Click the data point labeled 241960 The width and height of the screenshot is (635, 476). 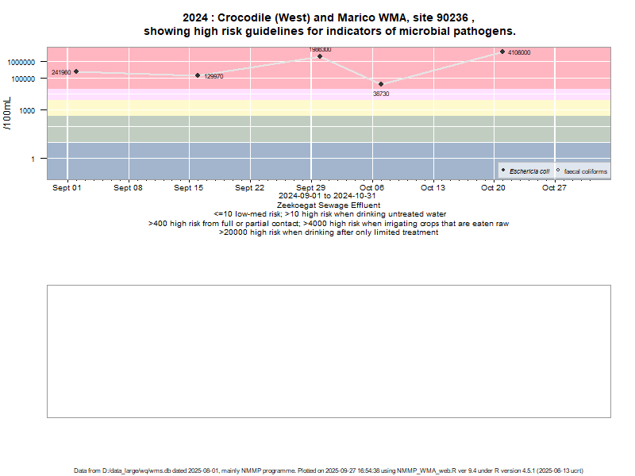coord(76,71)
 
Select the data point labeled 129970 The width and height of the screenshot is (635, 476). coord(198,75)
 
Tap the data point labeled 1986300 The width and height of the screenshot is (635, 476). coord(320,56)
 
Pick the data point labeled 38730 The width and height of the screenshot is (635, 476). coord(381,84)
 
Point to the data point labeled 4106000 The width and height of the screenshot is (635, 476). coord(502,52)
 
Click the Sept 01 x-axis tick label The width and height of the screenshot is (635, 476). coord(67,188)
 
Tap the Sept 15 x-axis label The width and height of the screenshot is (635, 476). coord(189,188)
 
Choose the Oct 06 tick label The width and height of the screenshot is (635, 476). coord(371,188)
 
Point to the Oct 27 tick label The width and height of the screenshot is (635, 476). coord(554,188)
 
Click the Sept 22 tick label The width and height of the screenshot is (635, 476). coord(250,188)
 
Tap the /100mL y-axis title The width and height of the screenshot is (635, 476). coord(7,116)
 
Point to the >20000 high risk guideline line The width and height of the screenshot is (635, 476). coord(328,232)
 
